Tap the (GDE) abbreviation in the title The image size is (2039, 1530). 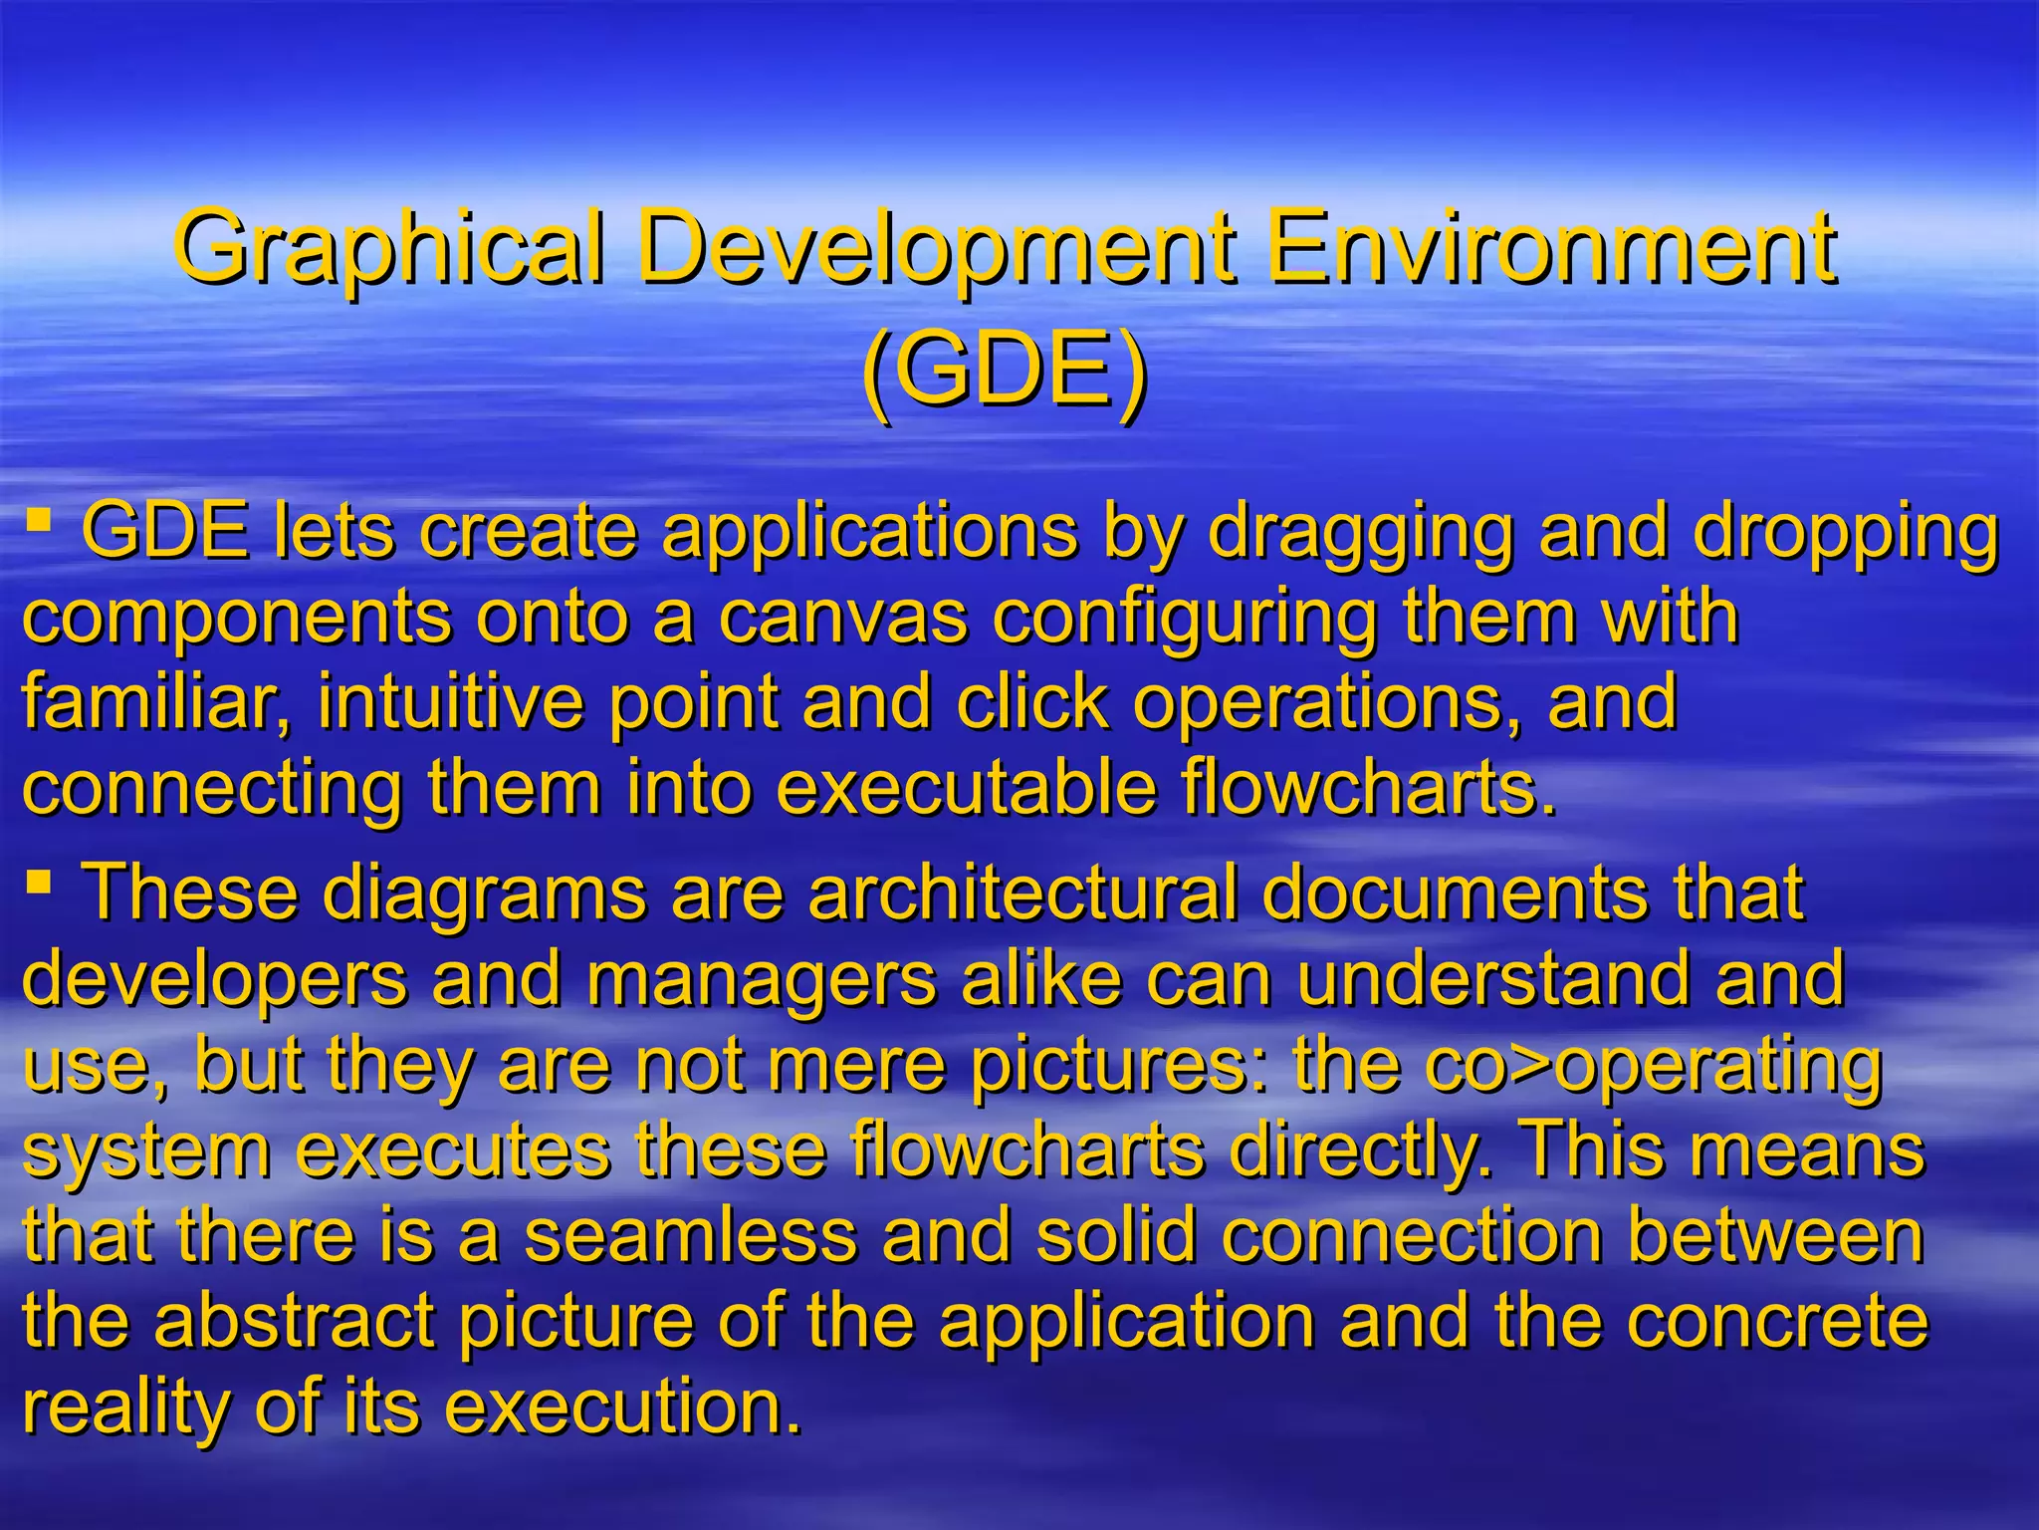tap(1006, 372)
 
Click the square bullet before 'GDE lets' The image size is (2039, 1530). tap(39, 519)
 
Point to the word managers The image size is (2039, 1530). tap(761, 982)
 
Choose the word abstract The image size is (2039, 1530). tap(294, 1322)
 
